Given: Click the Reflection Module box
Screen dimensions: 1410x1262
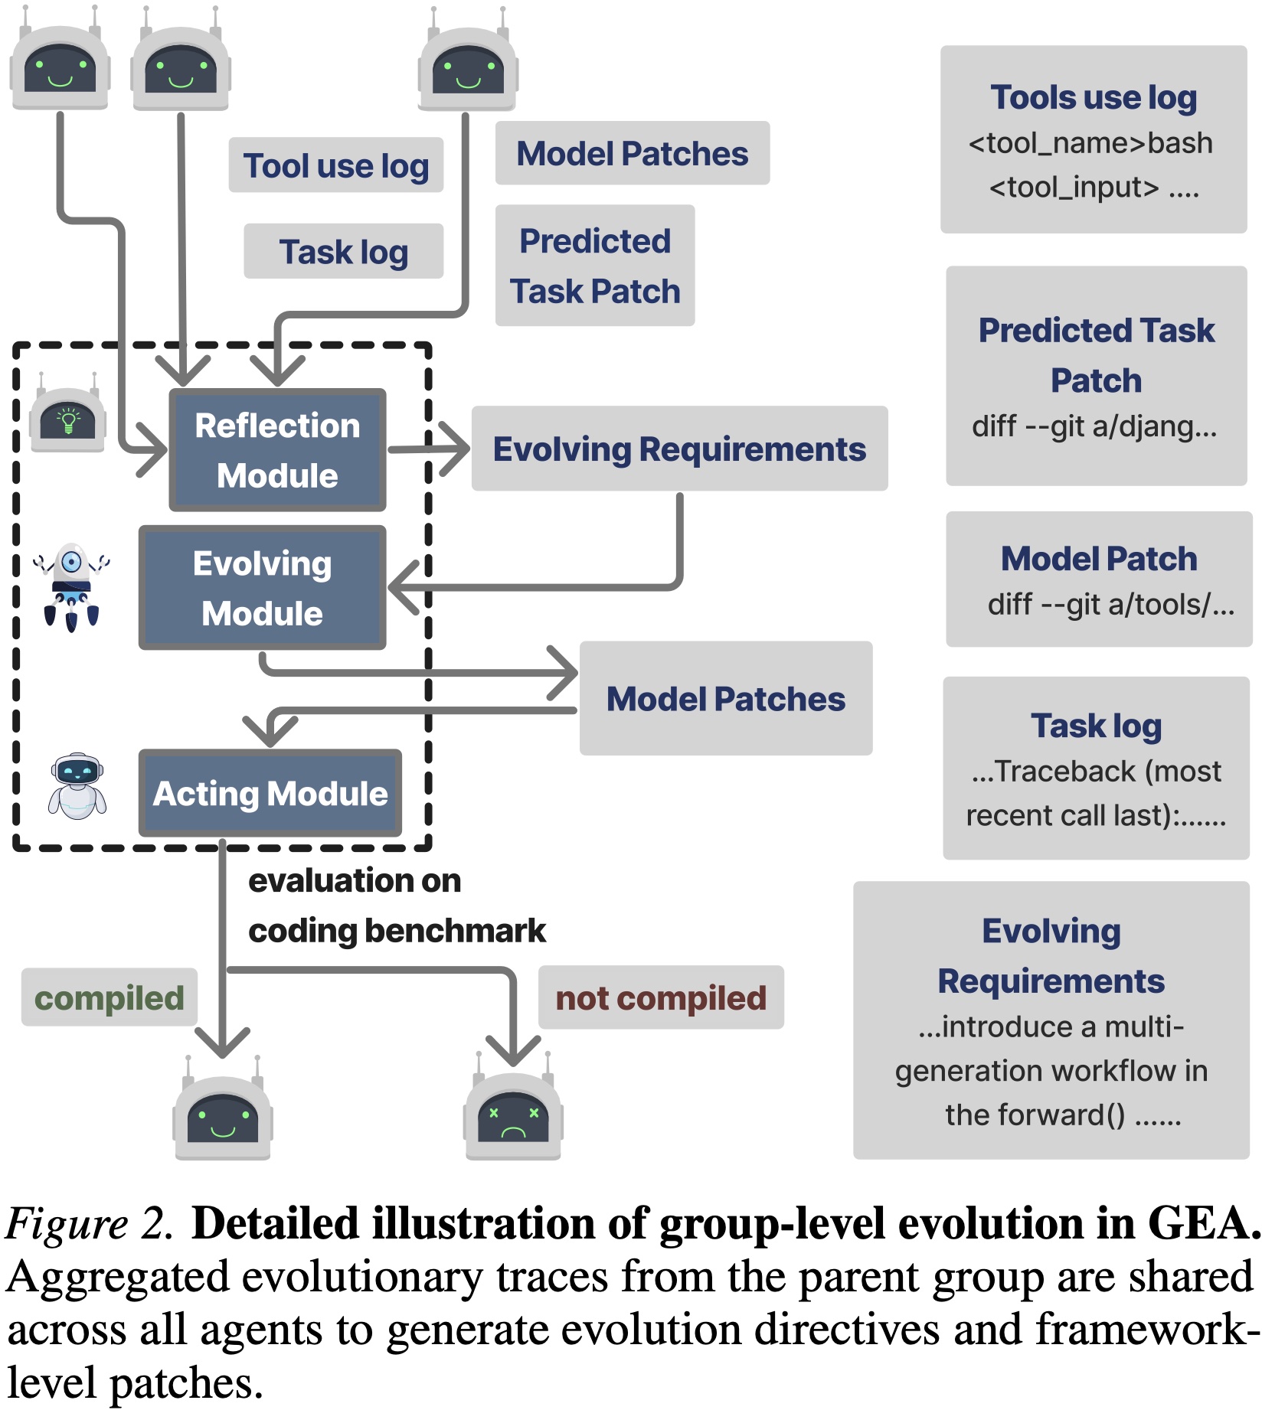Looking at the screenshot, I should [277, 450].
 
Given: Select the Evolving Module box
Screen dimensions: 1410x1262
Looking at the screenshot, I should [262, 588].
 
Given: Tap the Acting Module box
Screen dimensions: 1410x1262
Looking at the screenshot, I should [270, 793].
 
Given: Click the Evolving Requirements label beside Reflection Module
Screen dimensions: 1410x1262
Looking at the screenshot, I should [679, 449].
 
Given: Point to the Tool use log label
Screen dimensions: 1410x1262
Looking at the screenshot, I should [335, 165].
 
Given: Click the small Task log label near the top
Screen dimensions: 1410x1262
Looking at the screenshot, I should [343, 252].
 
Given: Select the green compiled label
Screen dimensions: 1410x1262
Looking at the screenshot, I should [110, 997].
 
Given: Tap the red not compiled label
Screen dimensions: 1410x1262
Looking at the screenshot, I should [660, 997].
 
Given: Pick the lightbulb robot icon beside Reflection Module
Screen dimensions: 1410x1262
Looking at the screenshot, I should [68, 418].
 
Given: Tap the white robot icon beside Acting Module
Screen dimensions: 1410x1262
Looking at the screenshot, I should [77, 786].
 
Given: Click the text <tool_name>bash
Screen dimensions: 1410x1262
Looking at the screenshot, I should [1090, 143].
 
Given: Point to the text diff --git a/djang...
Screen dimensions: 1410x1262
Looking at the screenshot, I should [1094, 426].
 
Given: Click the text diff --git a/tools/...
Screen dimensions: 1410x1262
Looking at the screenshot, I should [1110, 605].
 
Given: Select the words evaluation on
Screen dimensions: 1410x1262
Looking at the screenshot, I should [355, 880].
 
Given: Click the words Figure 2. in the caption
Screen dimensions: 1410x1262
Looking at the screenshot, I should [90, 1222].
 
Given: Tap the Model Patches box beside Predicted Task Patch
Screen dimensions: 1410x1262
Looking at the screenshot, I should [632, 153].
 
